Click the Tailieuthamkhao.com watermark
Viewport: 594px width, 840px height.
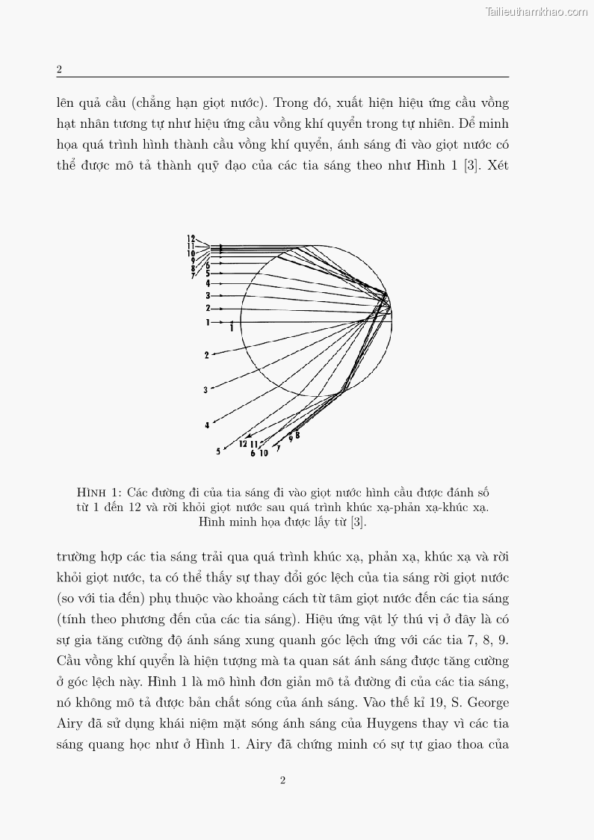click(x=536, y=11)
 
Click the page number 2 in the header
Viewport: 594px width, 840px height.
click(x=59, y=70)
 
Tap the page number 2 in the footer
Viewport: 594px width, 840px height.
click(x=282, y=781)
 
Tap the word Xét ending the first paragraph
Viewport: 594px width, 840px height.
click(x=497, y=165)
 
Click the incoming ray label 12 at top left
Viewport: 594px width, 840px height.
click(x=191, y=238)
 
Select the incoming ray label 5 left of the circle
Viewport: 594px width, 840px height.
click(x=208, y=274)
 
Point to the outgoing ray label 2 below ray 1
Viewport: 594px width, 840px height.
click(x=207, y=355)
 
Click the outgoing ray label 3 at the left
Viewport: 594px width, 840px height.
click(x=206, y=390)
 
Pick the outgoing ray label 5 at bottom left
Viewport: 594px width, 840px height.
click(x=218, y=451)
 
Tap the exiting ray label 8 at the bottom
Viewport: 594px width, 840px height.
click(x=297, y=435)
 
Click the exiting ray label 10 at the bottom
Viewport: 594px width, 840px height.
click(x=264, y=454)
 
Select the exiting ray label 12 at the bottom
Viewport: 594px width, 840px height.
click(x=243, y=444)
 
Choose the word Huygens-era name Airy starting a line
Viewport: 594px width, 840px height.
click(x=69, y=723)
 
